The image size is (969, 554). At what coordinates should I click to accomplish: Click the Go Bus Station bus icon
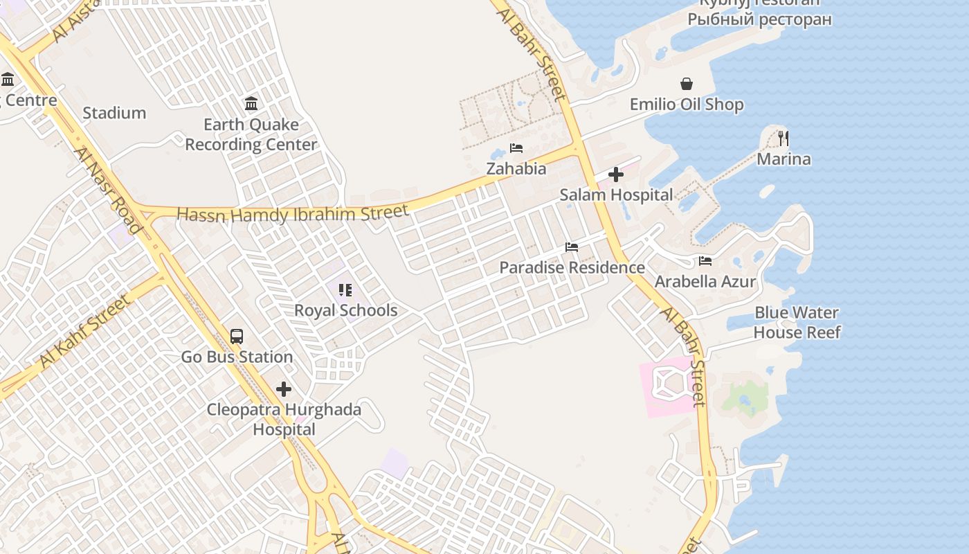click(237, 337)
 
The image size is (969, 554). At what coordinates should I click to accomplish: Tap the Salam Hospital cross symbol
click(616, 175)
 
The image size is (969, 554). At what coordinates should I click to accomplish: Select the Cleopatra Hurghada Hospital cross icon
click(284, 389)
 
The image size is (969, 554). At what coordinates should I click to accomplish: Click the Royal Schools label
click(346, 310)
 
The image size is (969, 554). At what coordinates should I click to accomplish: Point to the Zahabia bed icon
click(516, 148)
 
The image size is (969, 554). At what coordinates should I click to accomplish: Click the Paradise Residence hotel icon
click(572, 247)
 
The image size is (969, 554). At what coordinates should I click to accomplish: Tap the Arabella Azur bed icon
click(705, 261)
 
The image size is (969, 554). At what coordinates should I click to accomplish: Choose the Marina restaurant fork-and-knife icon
click(784, 138)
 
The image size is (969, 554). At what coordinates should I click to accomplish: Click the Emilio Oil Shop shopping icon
click(687, 84)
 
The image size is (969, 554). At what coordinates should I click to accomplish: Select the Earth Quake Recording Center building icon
click(251, 104)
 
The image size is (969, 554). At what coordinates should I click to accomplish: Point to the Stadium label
click(114, 113)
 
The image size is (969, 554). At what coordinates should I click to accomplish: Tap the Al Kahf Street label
click(84, 332)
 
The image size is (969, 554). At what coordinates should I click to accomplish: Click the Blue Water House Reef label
click(797, 323)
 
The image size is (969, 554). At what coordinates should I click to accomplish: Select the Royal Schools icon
click(345, 290)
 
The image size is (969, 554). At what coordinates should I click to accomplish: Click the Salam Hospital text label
click(616, 195)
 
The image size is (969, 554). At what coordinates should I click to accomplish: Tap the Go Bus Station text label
click(237, 357)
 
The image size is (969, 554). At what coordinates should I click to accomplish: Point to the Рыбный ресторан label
click(759, 19)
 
